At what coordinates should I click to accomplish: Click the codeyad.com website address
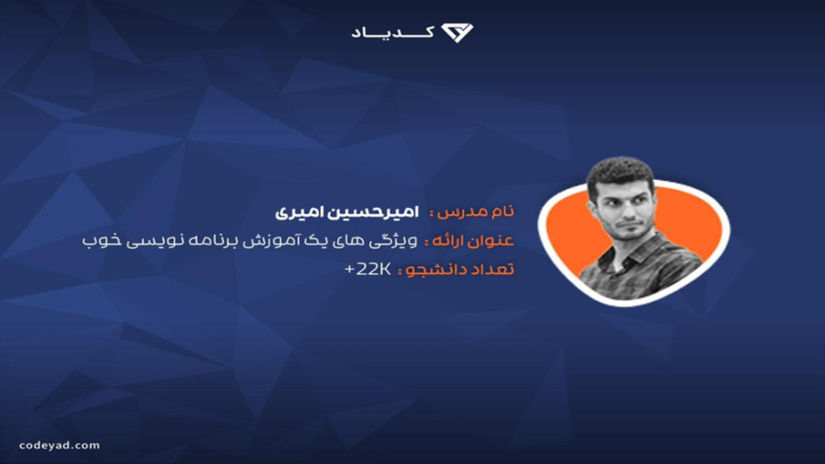(x=60, y=446)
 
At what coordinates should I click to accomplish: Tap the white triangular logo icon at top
(x=456, y=33)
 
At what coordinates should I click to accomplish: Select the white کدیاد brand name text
(x=392, y=33)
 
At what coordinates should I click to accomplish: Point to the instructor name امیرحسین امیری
(x=346, y=212)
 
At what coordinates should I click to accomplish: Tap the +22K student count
(x=368, y=270)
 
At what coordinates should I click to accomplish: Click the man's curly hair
(x=621, y=171)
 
